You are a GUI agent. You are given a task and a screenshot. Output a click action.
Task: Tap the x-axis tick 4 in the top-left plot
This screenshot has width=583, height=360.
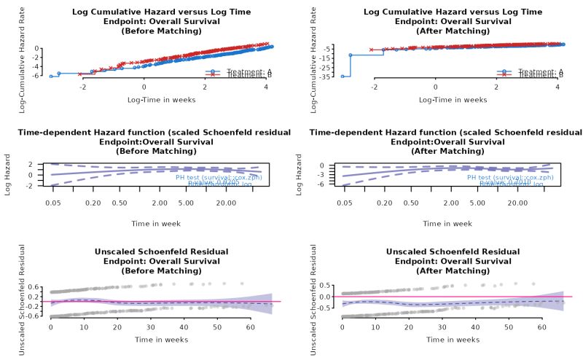coord(266,87)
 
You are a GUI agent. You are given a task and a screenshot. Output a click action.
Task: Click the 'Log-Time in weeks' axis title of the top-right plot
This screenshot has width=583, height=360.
coord(453,99)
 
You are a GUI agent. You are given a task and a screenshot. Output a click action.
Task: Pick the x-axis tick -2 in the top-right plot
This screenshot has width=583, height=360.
coord(374,87)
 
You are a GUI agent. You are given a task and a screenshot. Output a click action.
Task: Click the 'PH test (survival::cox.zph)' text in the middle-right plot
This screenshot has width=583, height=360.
coord(509,177)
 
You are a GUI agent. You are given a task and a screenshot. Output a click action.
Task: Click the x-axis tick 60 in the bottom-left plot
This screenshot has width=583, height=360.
coord(250,328)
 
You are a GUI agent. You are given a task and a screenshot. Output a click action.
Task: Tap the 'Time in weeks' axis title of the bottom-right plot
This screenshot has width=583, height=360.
coord(453,340)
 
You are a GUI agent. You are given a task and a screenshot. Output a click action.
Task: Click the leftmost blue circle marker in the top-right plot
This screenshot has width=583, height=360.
coord(343,77)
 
